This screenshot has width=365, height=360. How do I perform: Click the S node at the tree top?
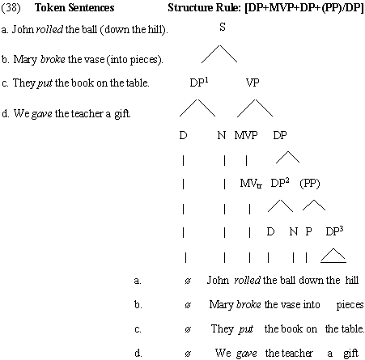pos(223,27)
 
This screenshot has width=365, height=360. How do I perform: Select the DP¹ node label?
pos(199,83)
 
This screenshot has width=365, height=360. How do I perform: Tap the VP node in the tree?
pos(253,83)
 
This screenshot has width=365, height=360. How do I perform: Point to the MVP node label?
pos(246,135)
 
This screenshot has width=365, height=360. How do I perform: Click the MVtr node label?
pos(251,184)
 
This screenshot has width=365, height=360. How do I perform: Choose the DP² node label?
pos(280,183)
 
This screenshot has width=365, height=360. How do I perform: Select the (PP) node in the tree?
pos(310,184)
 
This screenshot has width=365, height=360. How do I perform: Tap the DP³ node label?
pos(334,231)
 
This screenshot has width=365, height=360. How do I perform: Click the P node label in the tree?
pos(308,231)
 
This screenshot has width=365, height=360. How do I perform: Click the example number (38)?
pos(11,7)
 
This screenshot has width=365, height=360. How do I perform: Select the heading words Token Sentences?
pos(74,7)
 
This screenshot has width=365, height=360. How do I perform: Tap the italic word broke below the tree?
pos(248,304)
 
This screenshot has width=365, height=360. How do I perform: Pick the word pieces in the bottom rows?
pos(350,305)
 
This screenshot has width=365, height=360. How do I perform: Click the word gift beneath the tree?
pos(350,353)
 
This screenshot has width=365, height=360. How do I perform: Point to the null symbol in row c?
pos(188,329)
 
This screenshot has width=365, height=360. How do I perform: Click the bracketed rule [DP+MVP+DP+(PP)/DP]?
pos(304,7)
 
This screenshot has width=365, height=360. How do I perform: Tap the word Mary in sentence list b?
pos(25,59)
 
